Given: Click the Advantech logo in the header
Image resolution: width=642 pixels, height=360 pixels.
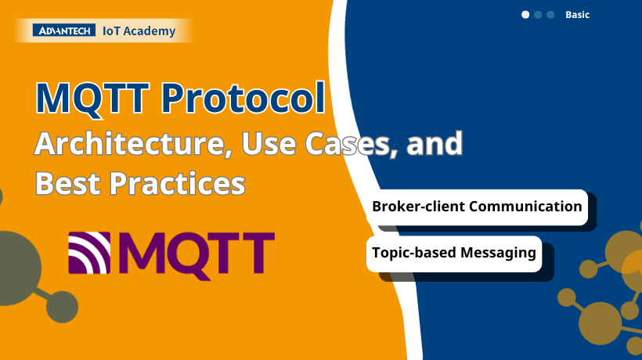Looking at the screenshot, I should coord(64,31).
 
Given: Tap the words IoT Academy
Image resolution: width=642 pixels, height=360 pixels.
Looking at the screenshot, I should coord(139,31).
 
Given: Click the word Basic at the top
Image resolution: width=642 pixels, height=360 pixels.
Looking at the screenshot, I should coord(577,15).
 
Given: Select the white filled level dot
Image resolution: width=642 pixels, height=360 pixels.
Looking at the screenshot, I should coord(525,15).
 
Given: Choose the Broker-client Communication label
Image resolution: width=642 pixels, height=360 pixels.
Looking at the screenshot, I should coord(477,207).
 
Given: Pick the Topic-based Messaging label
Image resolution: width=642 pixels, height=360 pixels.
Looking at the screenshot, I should coord(454,254).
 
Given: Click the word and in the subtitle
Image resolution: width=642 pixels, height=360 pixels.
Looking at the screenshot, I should coord(437,145).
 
